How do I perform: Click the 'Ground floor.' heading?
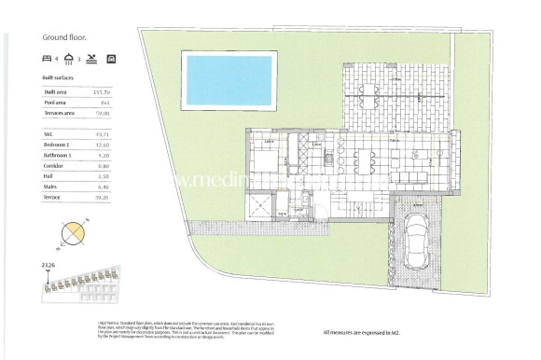66,38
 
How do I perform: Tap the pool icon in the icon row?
91,59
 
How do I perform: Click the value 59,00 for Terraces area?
103,112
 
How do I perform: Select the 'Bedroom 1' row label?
58,144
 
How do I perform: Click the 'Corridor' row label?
54,164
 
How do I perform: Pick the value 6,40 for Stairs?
104,185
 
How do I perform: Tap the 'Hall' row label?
49,174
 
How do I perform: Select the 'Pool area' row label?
55,103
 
